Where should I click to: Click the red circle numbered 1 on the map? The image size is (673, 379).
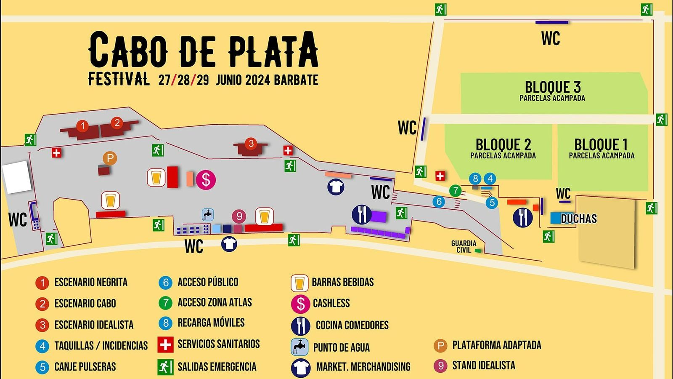83,125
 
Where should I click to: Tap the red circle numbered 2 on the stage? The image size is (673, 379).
117,123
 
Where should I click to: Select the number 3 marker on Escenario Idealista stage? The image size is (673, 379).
251,143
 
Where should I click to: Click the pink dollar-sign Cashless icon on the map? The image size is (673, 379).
206,180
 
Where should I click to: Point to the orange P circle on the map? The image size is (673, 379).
110,158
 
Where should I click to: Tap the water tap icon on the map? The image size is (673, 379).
208,214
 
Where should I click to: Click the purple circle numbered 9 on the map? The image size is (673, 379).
239,216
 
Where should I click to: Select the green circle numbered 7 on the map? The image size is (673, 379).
455,191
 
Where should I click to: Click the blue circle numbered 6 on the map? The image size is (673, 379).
439,202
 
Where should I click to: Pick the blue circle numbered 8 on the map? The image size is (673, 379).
475,178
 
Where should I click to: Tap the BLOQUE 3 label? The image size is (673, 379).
552,88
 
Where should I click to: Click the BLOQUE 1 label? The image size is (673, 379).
601,145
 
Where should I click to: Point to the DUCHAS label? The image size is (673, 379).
579,219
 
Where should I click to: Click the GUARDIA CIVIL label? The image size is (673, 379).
464,247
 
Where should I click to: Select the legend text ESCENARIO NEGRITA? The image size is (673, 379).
91,282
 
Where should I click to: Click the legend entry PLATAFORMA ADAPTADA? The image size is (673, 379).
496,345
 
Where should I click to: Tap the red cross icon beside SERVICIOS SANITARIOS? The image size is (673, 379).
165,344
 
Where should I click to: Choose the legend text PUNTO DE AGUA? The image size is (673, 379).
341,347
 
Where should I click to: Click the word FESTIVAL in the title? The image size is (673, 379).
118,79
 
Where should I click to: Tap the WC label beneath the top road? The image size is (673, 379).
550,38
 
